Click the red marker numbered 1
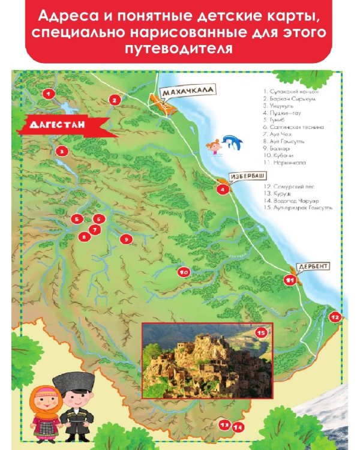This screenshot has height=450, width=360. pos(49,93)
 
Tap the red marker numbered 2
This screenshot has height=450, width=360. pos(115,100)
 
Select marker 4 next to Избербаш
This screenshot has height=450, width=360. pos(223,190)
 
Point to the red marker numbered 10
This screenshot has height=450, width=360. pos(184,272)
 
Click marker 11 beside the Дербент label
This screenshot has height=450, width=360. pos(290,279)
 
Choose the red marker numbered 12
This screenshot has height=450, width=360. pos(335,317)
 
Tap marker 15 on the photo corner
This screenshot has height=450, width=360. pos(261,332)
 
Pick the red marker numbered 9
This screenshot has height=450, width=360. pos(125,239)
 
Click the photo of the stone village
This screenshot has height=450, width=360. pos(207,360)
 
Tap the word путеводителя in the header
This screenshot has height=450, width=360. pos(180,49)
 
